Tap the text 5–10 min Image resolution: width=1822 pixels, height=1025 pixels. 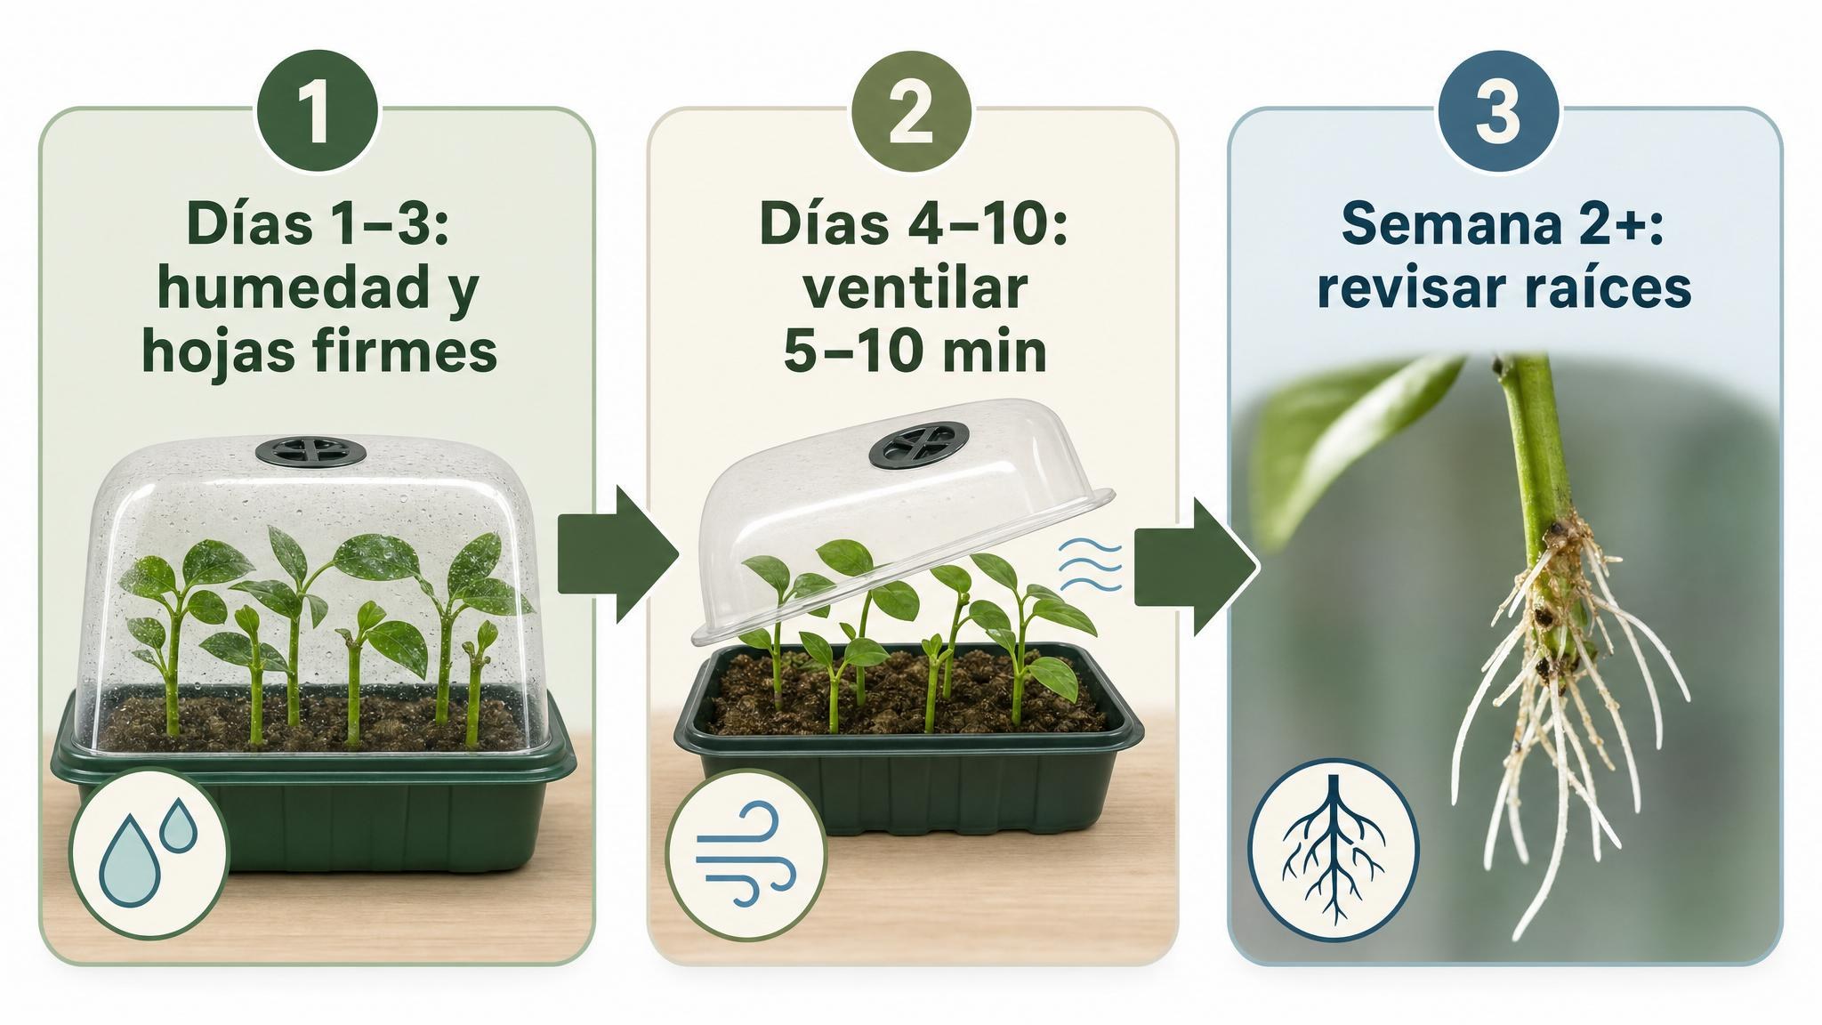point(915,351)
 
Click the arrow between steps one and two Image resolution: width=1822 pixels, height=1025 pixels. point(619,553)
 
